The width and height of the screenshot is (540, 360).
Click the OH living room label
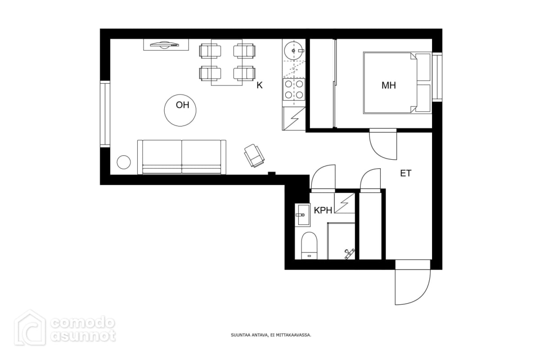coord(182,105)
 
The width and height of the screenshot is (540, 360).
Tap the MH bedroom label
coord(389,85)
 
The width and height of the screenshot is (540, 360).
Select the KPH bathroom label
coord(323,211)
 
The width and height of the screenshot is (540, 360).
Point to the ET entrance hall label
coord(406,173)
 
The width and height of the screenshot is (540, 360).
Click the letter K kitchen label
coord(259,85)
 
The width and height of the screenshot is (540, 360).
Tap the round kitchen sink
coord(293,51)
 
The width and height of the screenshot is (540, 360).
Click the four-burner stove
coord(294,90)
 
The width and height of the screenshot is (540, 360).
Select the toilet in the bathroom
coord(309,246)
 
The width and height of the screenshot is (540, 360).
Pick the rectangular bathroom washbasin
coord(302,215)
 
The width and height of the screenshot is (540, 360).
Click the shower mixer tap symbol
coord(349,254)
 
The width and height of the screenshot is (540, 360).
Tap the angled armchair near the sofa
coord(254,156)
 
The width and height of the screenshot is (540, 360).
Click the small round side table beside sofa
coord(124,162)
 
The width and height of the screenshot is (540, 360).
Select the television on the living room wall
coord(164,45)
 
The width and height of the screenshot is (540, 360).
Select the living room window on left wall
coord(105,114)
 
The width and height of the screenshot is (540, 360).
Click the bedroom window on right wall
coord(437,77)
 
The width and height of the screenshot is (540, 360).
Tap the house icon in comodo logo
coord(30,328)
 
